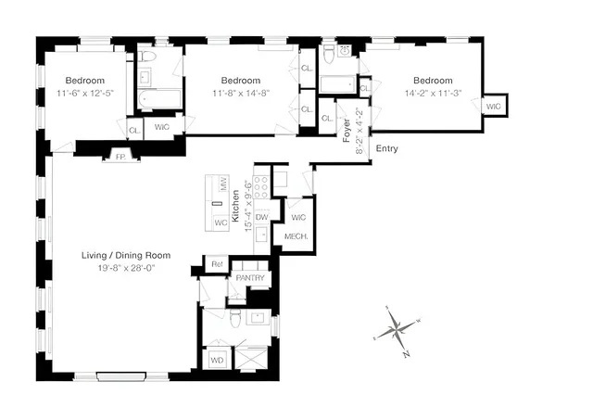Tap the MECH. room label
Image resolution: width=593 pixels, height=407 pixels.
[296, 237]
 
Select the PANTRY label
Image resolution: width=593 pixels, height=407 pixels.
[250, 278]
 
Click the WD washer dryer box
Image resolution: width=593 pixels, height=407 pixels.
[218, 359]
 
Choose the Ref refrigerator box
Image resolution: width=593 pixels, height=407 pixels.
[216, 264]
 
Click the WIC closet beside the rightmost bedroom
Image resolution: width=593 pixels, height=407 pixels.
[492, 107]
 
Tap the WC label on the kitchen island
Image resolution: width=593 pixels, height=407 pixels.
[221, 223]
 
